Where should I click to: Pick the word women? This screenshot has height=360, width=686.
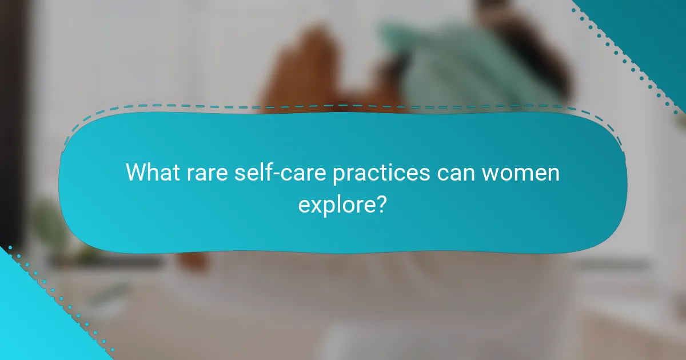point(521,172)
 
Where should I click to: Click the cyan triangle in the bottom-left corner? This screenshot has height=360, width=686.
point(34,326)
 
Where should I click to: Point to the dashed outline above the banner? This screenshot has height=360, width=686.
point(343,106)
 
